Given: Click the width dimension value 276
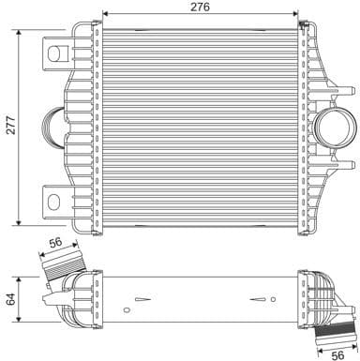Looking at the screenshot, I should point(200,7).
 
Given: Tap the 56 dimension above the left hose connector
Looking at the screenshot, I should point(55,242).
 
